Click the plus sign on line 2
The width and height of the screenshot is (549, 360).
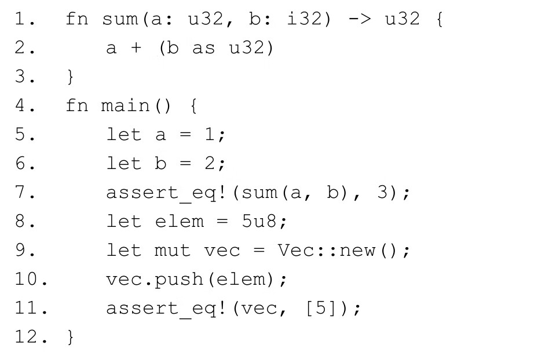pyautogui.click(x=136, y=47)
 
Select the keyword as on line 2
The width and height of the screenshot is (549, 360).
pyautogui.click(x=203, y=47)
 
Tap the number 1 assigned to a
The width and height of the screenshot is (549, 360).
pyautogui.click(x=214, y=135)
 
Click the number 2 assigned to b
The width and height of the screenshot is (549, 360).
pyautogui.click(x=214, y=164)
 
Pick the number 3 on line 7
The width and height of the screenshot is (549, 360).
pyautogui.click(x=382, y=192)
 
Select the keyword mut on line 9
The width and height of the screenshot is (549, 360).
pyautogui.click(x=172, y=251)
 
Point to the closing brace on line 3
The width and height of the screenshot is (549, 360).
pyautogui.click(x=70, y=77)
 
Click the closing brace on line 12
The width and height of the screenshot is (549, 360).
pyautogui.click(x=70, y=337)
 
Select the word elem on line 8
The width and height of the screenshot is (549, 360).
pyautogui.click(x=180, y=221)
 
